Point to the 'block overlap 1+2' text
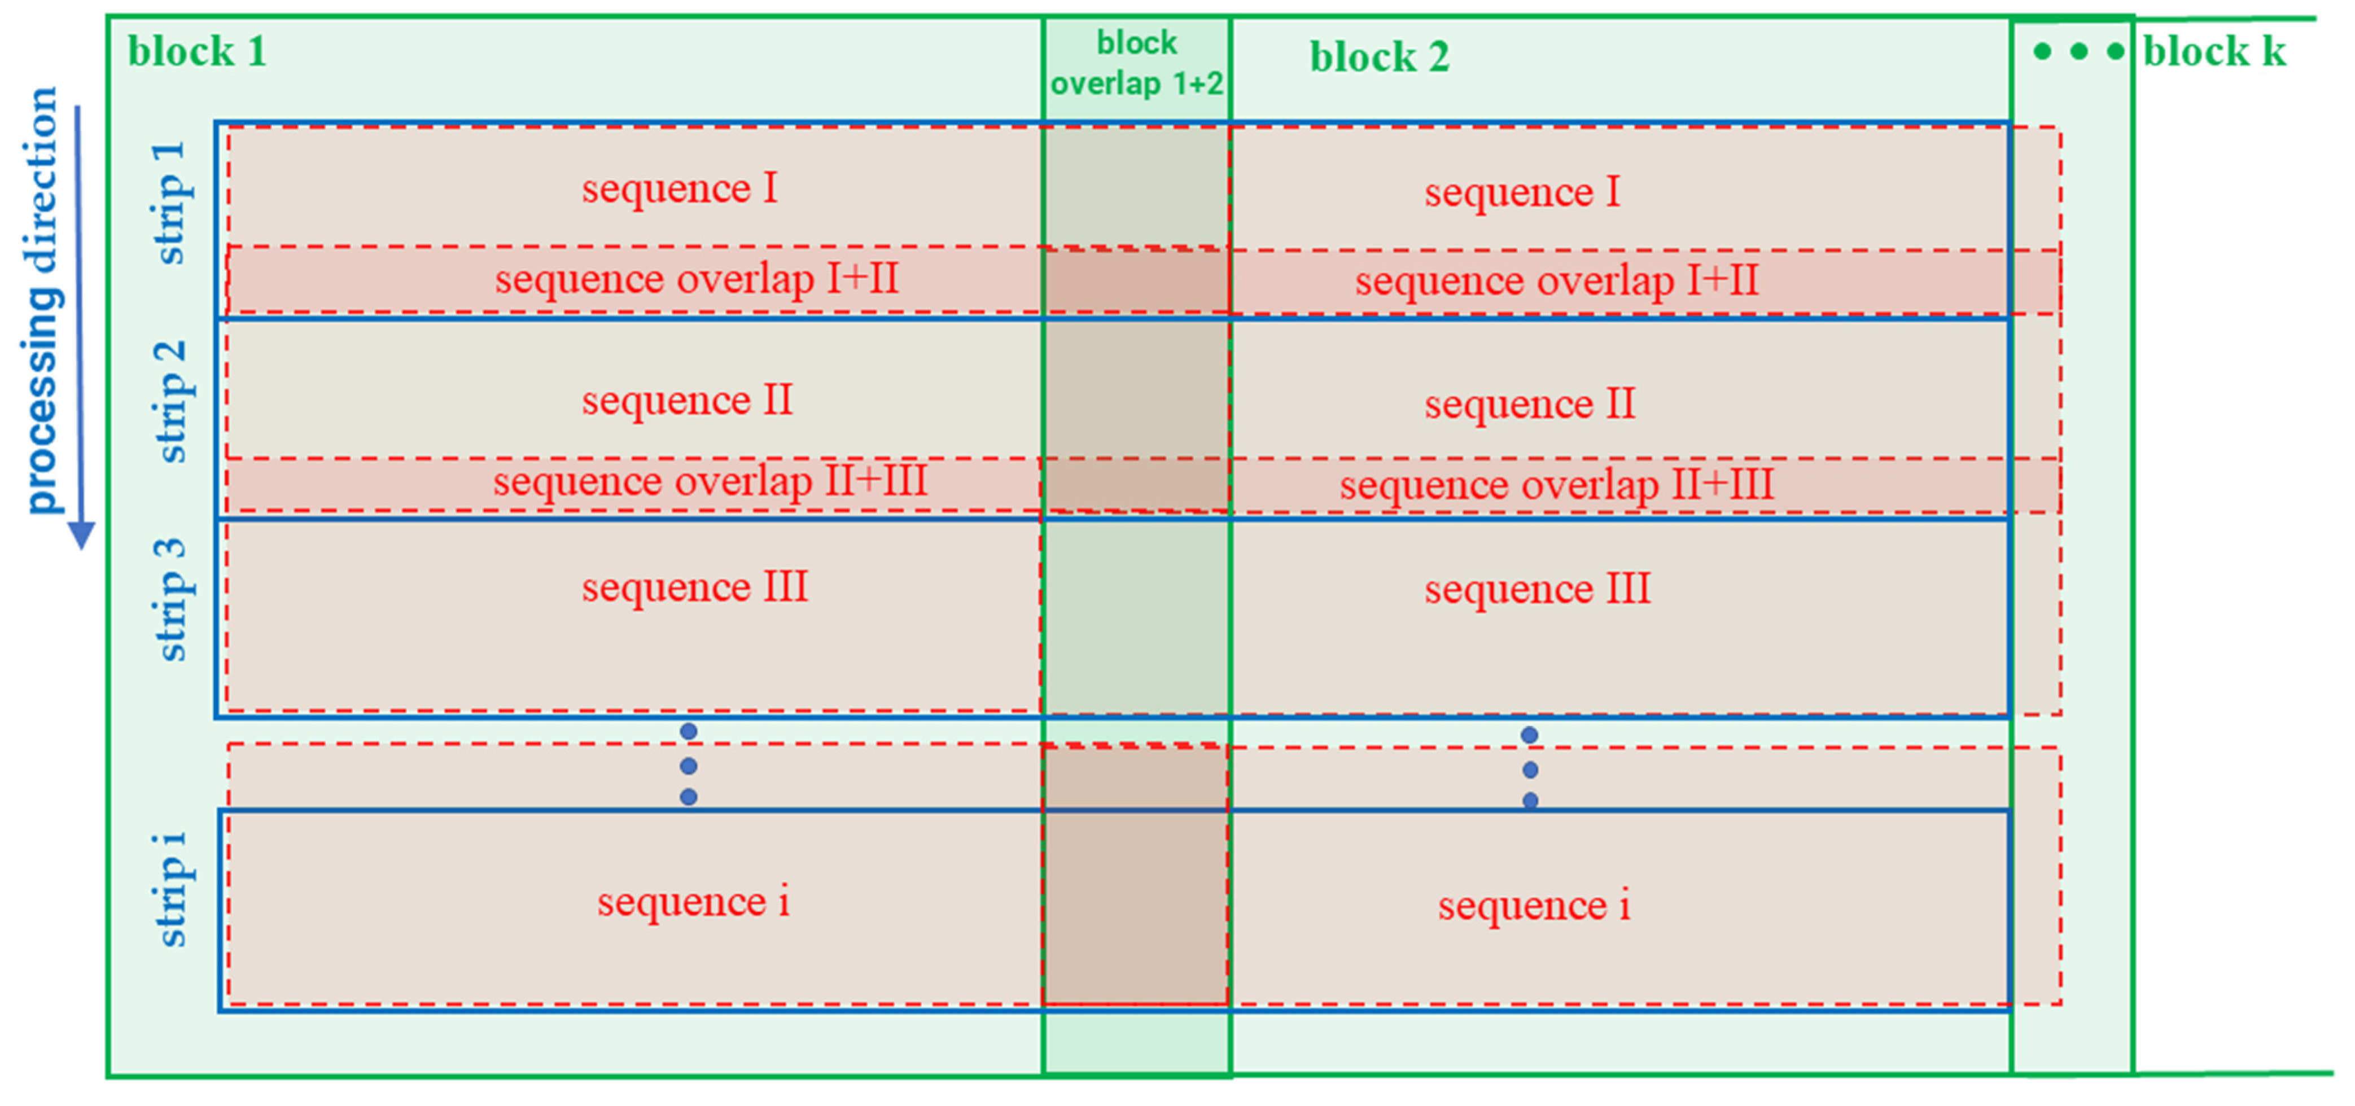tap(1136, 63)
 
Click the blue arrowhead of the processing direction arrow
tap(81, 535)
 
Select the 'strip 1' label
tap(171, 203)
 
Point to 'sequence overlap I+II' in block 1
tap(697, 279)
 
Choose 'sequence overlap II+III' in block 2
tap(1556, 485)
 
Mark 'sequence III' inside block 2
tap(1537, 589)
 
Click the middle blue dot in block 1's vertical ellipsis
tap(689, 765)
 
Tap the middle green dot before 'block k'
tap(2078, 51)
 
